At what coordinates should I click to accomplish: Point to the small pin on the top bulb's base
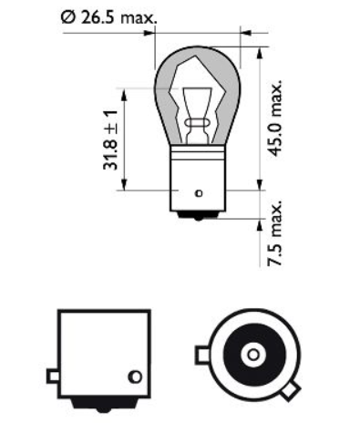[x=198, y=194]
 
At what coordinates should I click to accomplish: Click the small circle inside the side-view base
[x=135, y=375]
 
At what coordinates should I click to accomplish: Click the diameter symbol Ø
[x=67, y=16]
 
